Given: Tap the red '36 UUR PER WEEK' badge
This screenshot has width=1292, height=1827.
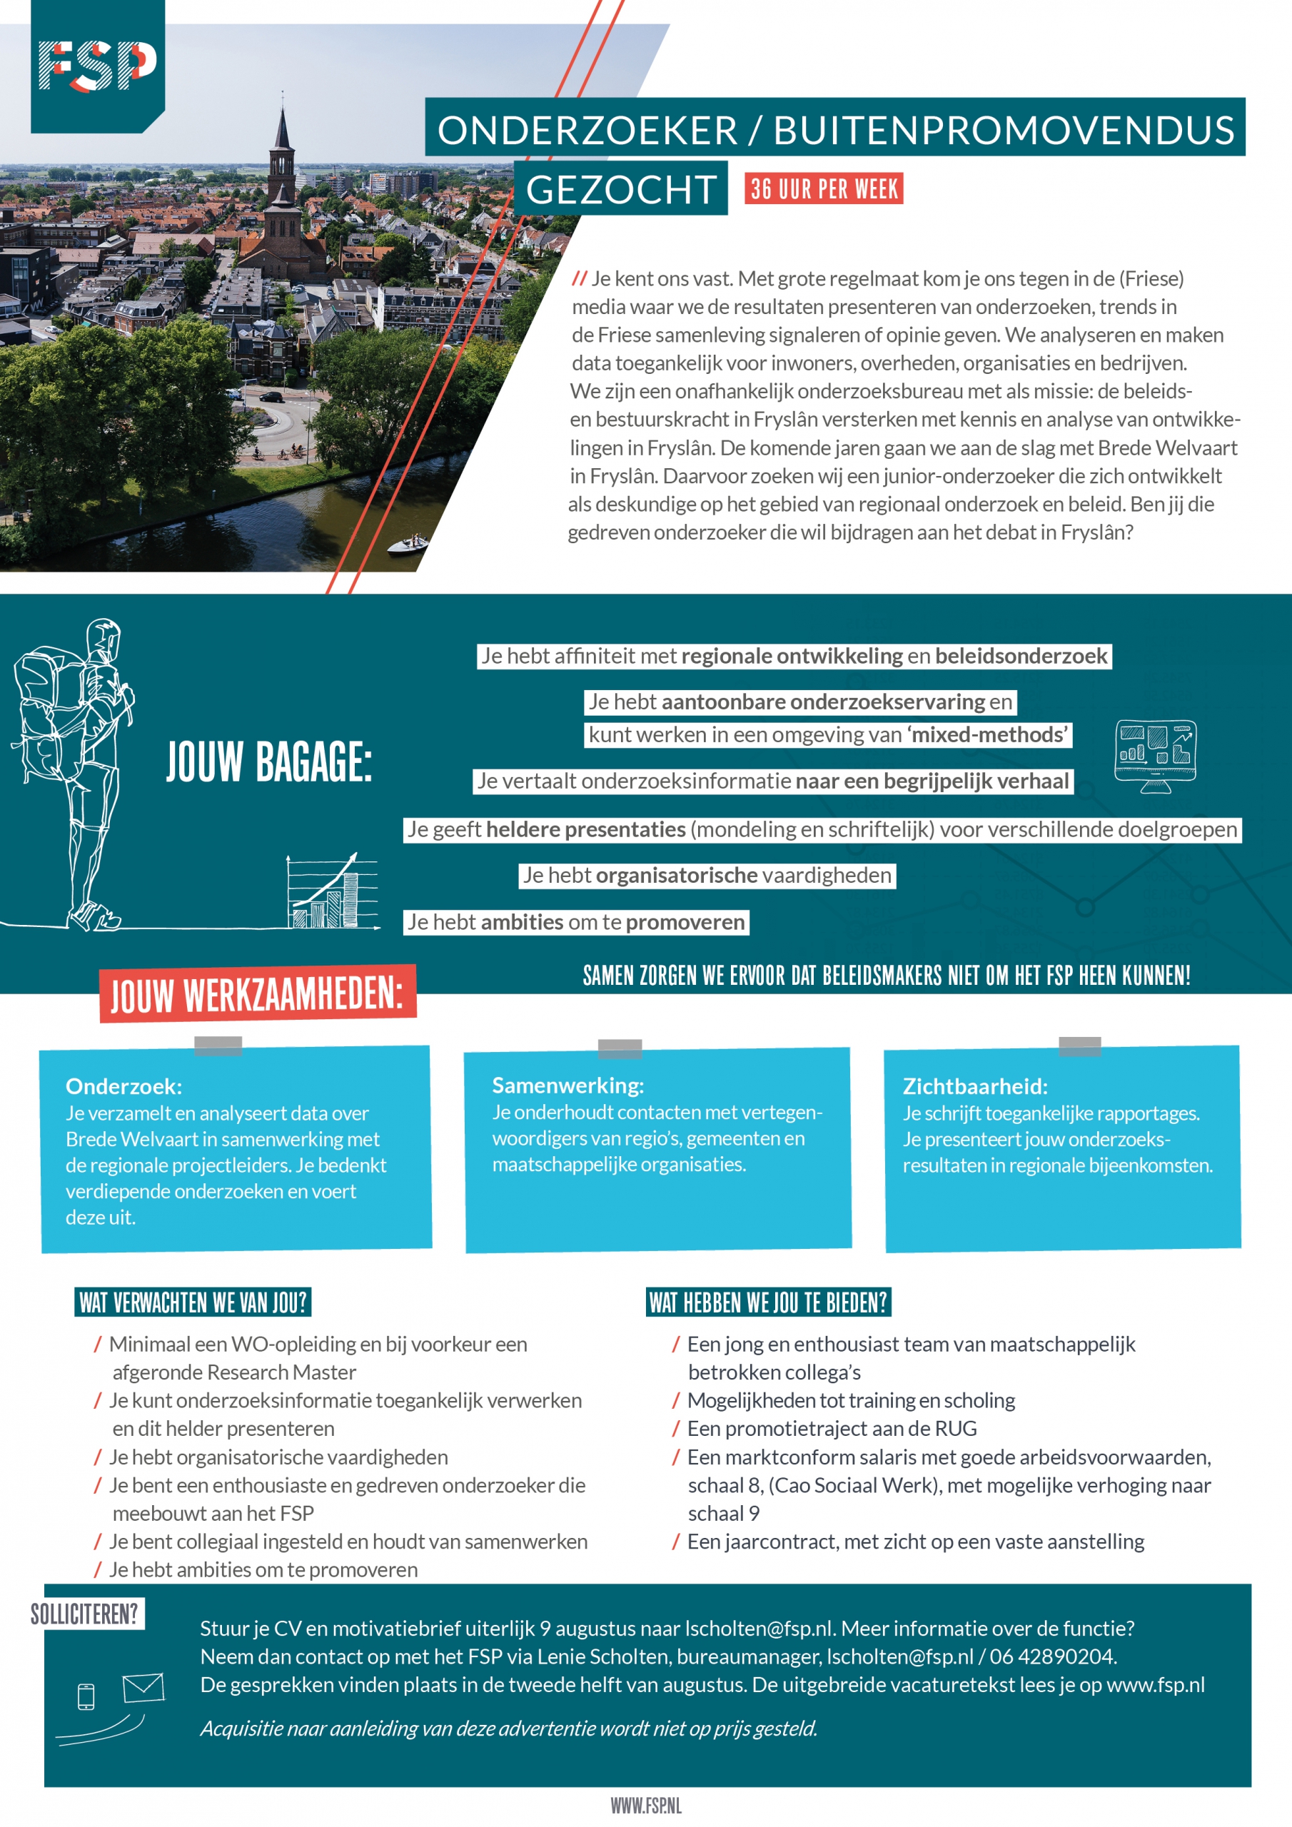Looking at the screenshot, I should (x=823, y=188).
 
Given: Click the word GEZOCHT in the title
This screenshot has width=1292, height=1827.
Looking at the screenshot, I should (x=620, y=189).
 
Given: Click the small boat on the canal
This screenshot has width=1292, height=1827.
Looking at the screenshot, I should (x=408, y=545).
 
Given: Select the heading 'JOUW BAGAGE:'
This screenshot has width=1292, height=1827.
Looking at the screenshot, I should (x=268, y=761).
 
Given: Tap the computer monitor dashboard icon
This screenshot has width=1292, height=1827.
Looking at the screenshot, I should (x=1155, y=754).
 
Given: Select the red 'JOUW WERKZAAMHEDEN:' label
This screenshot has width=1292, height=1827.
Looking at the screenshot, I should (x=257, y=994).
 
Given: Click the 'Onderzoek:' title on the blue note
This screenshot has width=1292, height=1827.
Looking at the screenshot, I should (x=123, y=1086).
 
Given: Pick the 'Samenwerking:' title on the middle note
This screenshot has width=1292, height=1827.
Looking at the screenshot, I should (x=567, y=1085).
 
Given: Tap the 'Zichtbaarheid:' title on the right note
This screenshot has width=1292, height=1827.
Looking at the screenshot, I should (x=974, y=1086).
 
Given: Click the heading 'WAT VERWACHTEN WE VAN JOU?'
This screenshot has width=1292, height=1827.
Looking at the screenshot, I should (x=193, y=1302).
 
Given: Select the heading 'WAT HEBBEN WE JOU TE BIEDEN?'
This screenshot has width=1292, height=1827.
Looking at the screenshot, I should (x=767, y=1302).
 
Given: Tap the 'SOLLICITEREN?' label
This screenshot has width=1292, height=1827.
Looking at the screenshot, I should (x=84, y=1614).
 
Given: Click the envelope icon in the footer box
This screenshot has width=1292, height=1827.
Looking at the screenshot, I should (x=143, y=1687).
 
